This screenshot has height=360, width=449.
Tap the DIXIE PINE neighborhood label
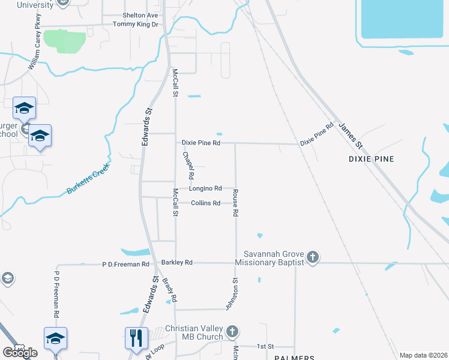(x=373, y=159)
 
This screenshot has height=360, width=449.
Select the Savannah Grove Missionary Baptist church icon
(x=312, y=258)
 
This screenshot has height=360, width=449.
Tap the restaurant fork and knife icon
(x=136, y=338)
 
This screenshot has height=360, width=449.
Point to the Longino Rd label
(x=206, y=188)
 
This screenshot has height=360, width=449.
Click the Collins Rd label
(x=206, y=203)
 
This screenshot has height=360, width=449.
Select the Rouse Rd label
(x=235, y=203)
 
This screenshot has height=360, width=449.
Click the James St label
(x=351, y=136)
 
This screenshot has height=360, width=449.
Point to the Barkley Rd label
(x=176, y=263)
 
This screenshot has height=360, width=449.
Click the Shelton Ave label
(x=140, y=15)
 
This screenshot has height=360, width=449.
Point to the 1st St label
(x=265, y=347)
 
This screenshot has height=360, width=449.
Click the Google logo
(x=20, y=352)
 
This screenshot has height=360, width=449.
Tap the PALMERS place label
(x=294, y=358)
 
